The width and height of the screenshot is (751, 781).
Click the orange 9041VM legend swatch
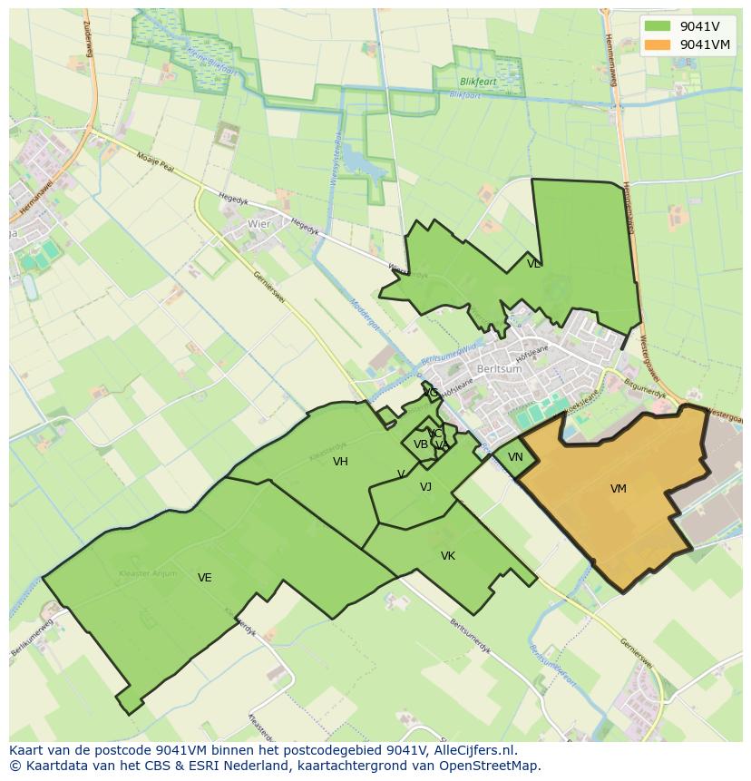pos(658,44)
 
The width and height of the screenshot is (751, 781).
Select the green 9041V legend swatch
pos(658,26)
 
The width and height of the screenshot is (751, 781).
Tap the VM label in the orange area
pos(619,489)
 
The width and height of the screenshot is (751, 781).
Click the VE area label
pos(205,578)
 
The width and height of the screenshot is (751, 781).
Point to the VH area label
pos(340,462)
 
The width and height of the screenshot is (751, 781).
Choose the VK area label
pos(448,556)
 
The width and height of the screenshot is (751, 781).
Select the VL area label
pos(533,264)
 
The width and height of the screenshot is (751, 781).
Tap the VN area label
pos(515,457)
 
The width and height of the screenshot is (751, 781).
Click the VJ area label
pos(426,487)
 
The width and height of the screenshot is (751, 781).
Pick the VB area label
pos(421,444)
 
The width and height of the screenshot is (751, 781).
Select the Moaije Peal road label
pos(155,164)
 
